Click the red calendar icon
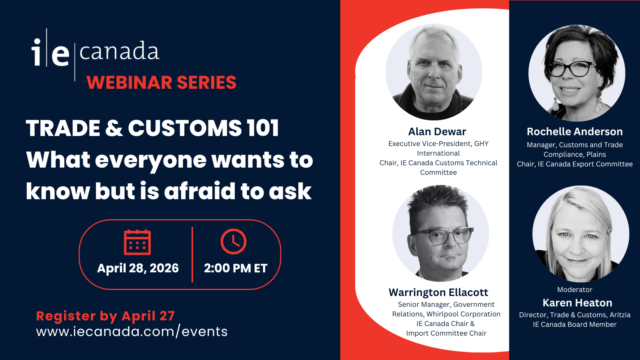(137, 242)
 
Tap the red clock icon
(234, 242)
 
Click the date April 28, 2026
(138, 268)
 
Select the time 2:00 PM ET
(236, 268)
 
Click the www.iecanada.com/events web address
(132, 332)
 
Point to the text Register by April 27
(105, 316)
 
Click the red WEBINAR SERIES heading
(162, 82)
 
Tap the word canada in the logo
(120, 51)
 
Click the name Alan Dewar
(437, 132)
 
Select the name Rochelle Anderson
(575, 132)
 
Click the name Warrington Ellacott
(438, 292)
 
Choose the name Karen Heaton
(578, 303)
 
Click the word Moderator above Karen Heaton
(574, 290)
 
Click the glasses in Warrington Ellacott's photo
(442, 236)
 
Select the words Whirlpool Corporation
(464, 314)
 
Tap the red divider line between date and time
(192, 254)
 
